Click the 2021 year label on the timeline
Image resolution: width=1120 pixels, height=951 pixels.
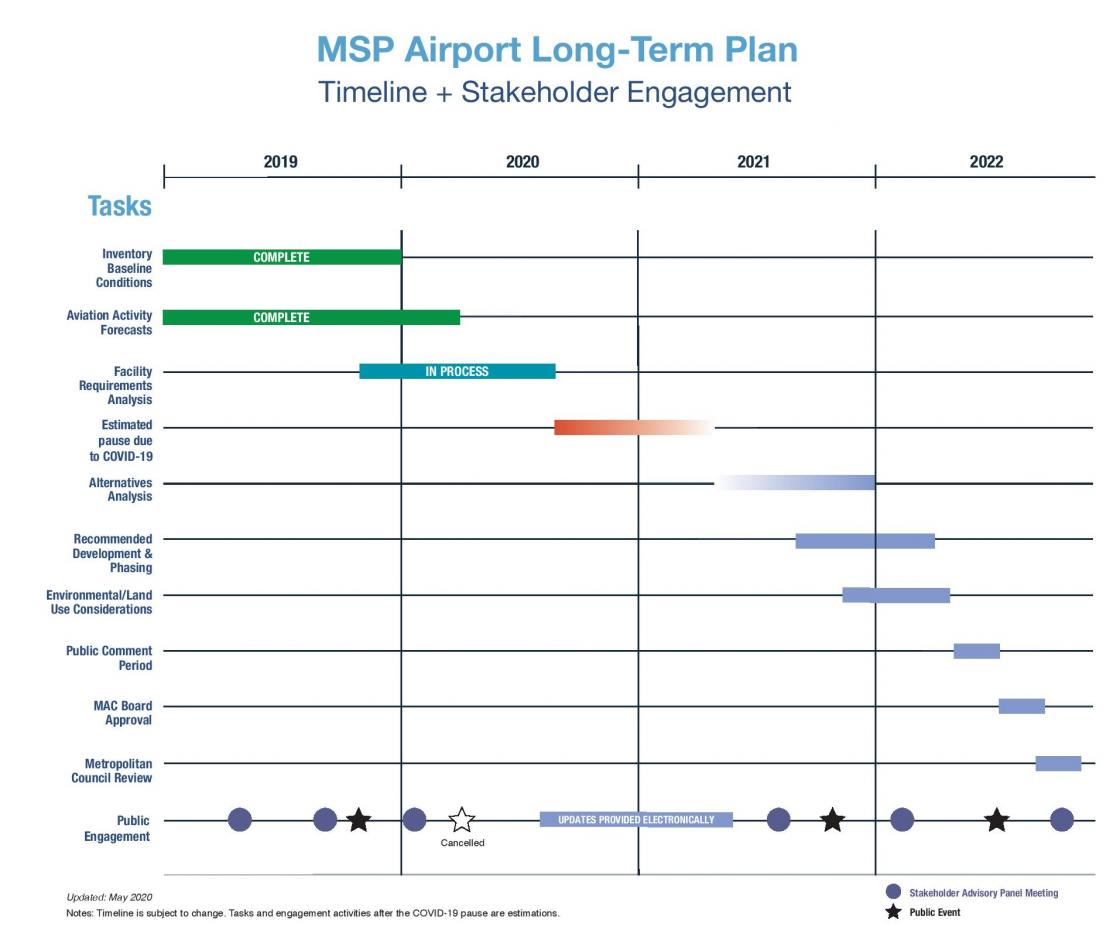[753, 162]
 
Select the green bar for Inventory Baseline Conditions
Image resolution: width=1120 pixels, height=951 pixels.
[281, 257]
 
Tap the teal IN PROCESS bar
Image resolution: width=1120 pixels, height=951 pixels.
[457, 371]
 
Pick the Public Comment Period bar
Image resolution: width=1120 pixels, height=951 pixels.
[976, 651]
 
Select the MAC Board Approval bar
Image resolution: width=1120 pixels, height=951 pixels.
[1021, 706]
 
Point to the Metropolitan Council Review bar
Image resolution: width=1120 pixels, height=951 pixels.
[1058, 763]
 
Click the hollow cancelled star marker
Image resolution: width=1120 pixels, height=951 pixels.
[461, 820]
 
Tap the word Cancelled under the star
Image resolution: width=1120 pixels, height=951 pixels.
[462, 843]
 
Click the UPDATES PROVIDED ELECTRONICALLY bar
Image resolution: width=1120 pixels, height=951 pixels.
[636, 820]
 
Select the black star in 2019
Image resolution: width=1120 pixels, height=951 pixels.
[359, 820]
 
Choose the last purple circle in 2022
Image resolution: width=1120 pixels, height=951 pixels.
[1062, 820]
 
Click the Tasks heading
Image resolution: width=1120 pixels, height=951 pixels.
[119, 206]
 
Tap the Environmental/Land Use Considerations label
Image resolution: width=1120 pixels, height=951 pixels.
[100, 602]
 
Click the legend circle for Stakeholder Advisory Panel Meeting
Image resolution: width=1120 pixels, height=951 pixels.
[894, 892]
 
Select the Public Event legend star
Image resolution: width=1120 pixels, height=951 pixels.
[894, 912]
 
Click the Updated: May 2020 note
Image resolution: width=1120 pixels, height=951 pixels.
[109, 897]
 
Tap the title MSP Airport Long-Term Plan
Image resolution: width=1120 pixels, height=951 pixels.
[556, 50]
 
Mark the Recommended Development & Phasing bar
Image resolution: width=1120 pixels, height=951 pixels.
[865, 541]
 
